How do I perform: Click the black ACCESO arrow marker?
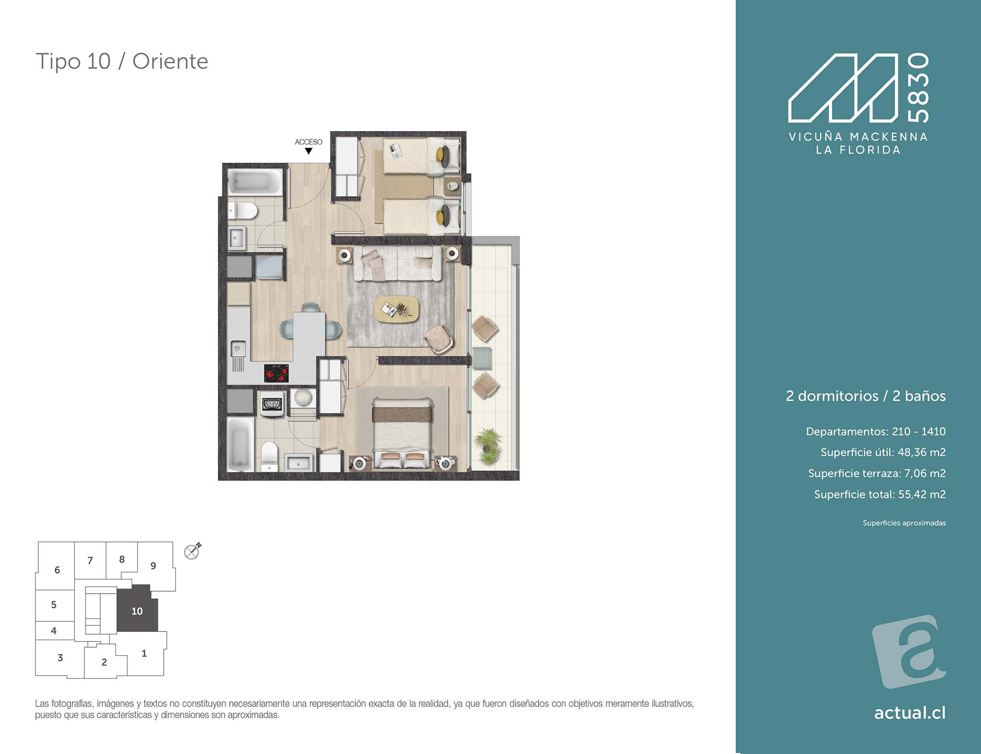coord(308,151)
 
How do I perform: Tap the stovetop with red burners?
coord(276,373)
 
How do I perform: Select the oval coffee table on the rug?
coord(397,309)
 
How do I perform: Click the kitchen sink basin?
coord(238,349)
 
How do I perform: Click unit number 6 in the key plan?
coord(57,570)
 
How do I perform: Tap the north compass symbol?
coord(192,551)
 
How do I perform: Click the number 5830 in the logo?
coord(918,88)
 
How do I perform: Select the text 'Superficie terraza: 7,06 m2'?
coord(877,473)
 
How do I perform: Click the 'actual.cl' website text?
coord(910,713)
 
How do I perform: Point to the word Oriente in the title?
coord(170,61)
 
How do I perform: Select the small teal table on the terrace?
coord(481,358)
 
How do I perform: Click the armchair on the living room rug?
coord(439,338)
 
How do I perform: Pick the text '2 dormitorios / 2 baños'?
coord(866,396)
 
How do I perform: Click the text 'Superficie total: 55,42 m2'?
coord(880,495)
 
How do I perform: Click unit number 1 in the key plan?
coord(144,653)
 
